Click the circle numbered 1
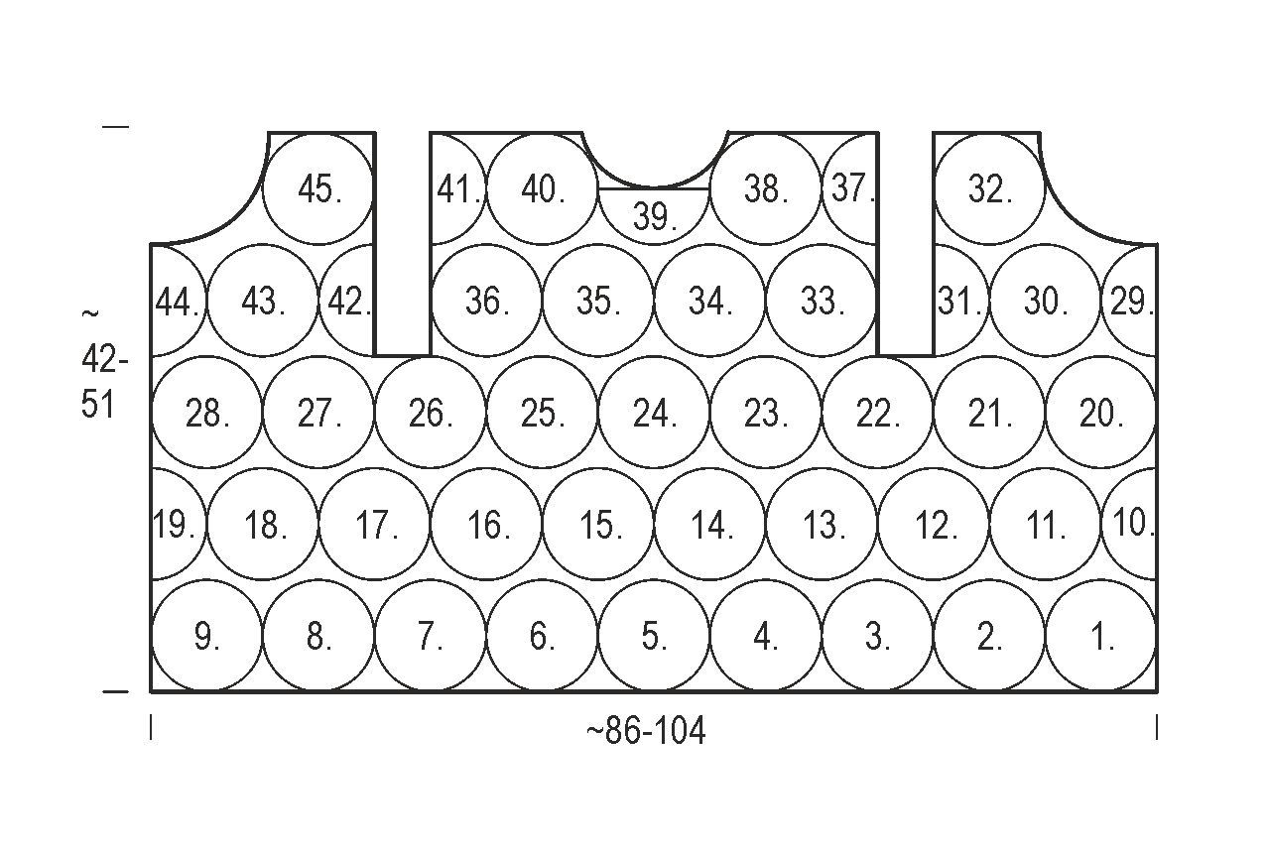tap(1101, 637)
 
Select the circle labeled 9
tap(206, 637)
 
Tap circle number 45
tap(319, 188)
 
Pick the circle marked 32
tap(989, 188)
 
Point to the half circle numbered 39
tap(654, 215)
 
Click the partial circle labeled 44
tap(177, 302)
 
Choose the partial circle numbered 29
tap(1131, 302)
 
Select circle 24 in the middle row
tap(654, 413)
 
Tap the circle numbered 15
tap(599, 525)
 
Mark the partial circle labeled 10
tap(1131, 523)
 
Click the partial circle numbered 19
tap(176, 525)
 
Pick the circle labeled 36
tap(487, 302)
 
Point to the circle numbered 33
tap(822, 302)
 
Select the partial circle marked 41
tap(456, 188)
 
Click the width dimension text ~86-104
tap(646, 732)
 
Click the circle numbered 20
tap(1101, 413)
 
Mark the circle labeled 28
tap(206, 413)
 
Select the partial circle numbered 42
tap(349, 302)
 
